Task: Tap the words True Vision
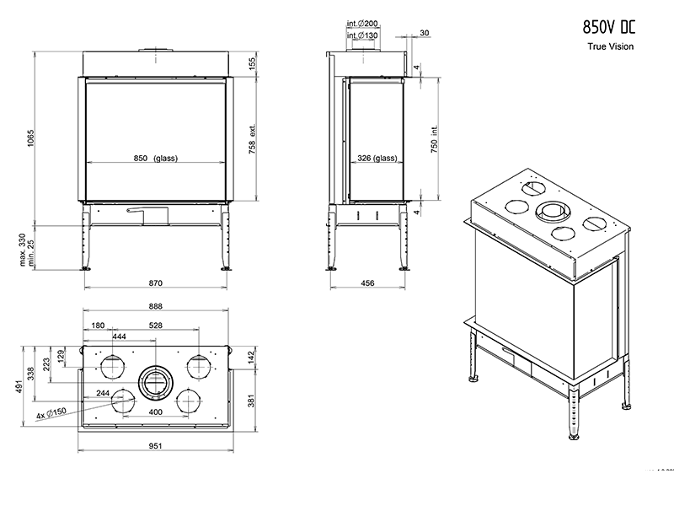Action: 611,46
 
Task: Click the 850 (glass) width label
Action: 154,159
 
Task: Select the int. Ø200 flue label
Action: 362,25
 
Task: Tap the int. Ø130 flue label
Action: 362,37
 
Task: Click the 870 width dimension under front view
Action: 155,284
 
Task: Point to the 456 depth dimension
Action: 368,284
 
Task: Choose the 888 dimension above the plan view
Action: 155,307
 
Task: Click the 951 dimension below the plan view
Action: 155,446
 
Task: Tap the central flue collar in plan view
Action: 155,382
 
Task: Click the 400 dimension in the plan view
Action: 155,412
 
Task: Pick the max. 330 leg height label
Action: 23,250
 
